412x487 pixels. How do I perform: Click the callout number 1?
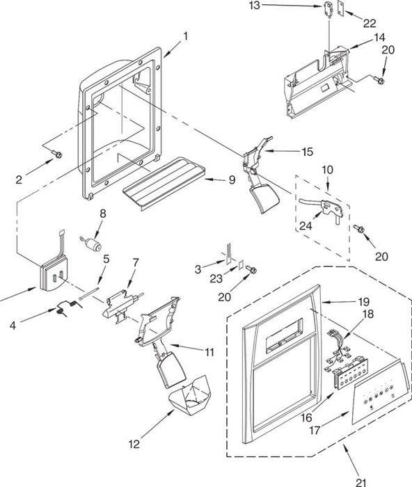tap(186, 37)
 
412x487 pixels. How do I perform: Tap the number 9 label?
tap(232, 179)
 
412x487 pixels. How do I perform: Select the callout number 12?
tap(134, 444)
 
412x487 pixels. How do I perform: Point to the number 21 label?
tap(361, 482)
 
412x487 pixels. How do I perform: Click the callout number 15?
tap(307, 152)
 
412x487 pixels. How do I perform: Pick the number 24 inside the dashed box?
tap(306, 226)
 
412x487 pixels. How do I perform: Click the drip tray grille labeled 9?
tap(164, 184)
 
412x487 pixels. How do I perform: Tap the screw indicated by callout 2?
tap(57, 154)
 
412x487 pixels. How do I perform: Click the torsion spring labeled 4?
tap(69, 307)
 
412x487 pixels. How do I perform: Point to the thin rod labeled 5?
tap(89, 294)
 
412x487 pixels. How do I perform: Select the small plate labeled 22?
tap(341, 7)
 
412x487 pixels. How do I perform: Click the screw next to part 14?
tap(379, 80)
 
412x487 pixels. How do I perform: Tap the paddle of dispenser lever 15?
tap(264, 198)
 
